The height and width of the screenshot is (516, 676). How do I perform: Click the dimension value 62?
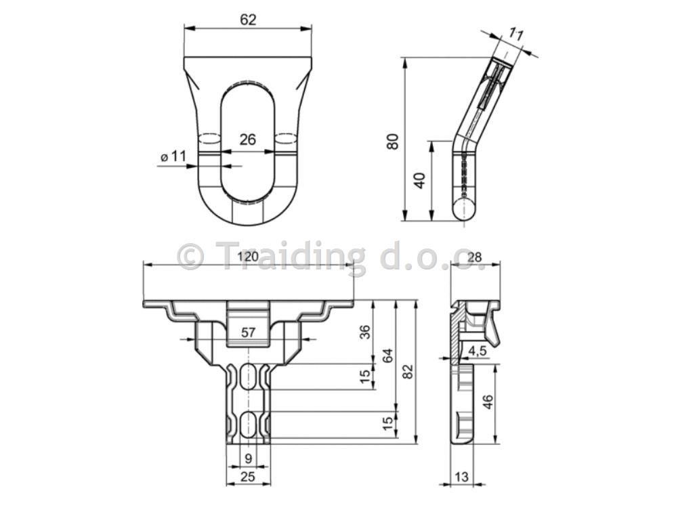click(248, 20)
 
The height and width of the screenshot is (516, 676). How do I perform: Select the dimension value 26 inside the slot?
click(247, 139)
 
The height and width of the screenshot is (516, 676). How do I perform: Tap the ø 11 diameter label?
click(173, 156)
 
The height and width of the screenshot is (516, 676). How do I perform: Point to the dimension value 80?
click(393, 142)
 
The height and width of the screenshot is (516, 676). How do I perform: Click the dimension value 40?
click(419, 180)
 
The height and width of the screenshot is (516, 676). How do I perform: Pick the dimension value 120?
click(247, 257)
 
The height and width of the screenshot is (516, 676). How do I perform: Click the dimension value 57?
click(249, 332)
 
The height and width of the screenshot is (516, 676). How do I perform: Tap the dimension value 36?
click(364, 332)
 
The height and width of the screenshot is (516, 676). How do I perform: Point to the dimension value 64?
click(388, 356)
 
